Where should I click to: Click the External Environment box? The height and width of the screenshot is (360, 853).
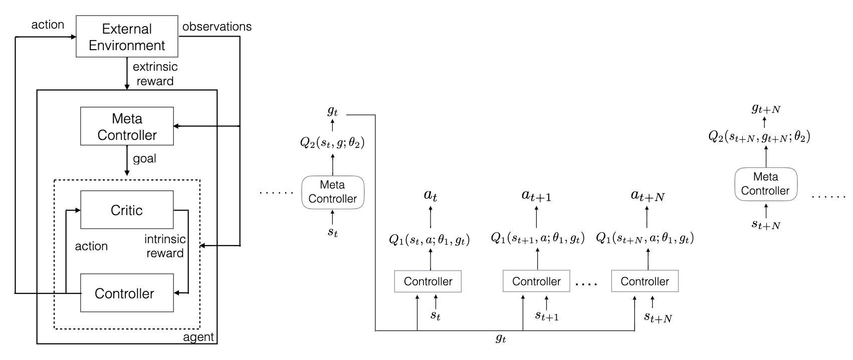point(127,37)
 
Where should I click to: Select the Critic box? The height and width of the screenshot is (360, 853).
point(127,210)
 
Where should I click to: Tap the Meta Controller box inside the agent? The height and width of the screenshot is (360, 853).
point(127,126)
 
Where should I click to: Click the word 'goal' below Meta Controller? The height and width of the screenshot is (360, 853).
point(144,158)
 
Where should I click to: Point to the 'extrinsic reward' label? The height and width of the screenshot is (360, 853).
point(154,74)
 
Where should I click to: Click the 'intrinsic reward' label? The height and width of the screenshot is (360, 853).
point(165,246)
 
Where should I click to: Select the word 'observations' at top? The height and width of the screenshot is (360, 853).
point(217,26)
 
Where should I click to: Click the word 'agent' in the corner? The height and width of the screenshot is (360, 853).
point(199,337)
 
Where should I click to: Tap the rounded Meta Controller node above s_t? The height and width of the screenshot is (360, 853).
point(332,192)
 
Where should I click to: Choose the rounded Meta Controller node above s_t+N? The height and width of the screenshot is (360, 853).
point(765,184)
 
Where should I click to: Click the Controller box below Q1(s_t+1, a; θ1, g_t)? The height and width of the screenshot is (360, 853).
point(536,281)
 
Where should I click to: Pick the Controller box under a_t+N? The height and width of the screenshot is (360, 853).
point(645,281)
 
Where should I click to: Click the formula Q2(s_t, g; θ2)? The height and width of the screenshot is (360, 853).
point(332,143)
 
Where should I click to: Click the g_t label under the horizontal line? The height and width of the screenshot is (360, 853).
point(500,339)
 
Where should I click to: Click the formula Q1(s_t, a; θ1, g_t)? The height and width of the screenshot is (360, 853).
point(430,240)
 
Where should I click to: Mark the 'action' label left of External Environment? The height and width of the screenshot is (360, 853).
point(48,25)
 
